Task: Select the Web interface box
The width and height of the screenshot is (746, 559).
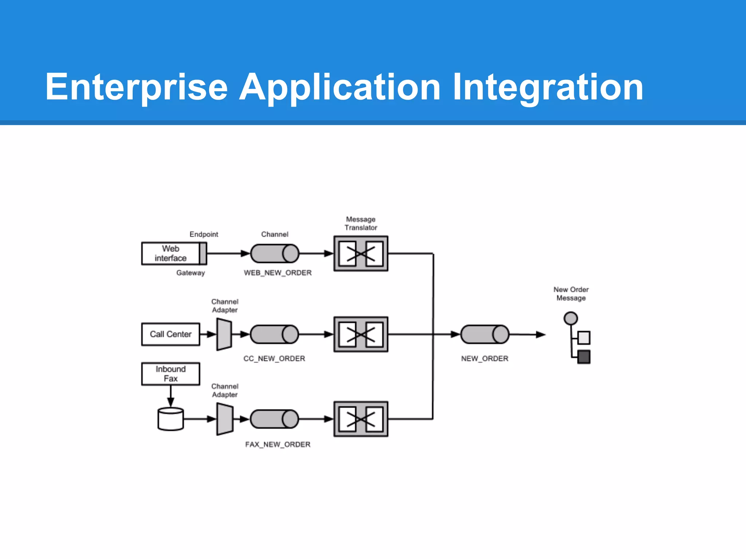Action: (x=170, y=253)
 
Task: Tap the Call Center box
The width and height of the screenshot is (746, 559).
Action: (x=170, y=334)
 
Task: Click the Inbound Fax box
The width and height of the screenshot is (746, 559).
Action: (x=170, y=374)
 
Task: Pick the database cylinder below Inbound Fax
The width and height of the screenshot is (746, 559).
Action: (x=170, y=419)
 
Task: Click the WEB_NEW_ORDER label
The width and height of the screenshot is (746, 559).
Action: (x=278, y=273)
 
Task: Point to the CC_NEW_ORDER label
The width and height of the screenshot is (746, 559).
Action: (x=274, y=359)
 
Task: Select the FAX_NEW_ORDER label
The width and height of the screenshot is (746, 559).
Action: (x=278, y=445)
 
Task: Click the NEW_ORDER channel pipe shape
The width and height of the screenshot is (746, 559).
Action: (x=484, y=334)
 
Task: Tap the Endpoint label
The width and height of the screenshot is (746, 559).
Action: (x=204, y=234)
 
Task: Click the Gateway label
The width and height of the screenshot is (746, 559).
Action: (x=191, y=273)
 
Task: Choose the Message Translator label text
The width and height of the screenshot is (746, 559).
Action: (x=361, y=223)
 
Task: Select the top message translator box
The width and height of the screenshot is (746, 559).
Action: (x=361, y=254)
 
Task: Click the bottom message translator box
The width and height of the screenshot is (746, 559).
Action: (x=361, y=419)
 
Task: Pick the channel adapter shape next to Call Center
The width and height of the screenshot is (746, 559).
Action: (x=224, y=334)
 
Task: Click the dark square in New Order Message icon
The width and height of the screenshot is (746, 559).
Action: (x=584, y=357)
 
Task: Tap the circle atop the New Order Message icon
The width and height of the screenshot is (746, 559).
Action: (x=570, y=318)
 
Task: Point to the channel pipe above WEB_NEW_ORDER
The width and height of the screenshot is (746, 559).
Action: (x=275, y=254)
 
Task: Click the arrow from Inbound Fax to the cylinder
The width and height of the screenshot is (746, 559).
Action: (x=170, y=396)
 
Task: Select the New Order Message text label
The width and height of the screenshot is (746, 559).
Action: (x=571, y=294)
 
